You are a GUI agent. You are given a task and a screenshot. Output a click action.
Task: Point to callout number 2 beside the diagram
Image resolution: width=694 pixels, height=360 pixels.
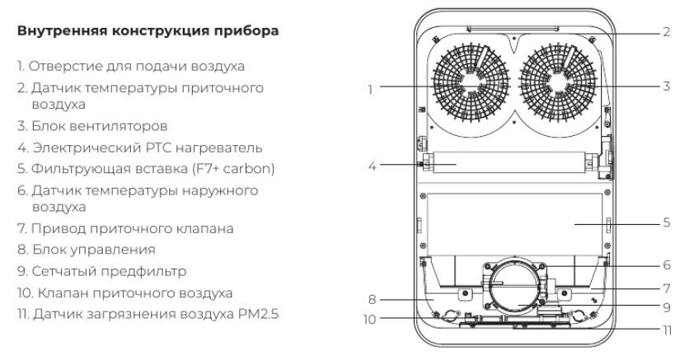click(x=665, y=32)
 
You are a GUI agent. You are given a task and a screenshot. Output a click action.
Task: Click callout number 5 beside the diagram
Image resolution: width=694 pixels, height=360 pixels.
click(x=665, y=222)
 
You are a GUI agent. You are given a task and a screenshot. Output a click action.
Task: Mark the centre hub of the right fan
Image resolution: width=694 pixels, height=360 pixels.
click(x=560, y=82)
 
